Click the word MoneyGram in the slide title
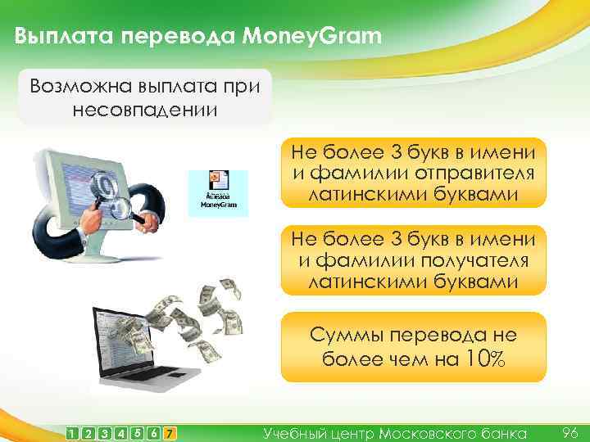point(313,37)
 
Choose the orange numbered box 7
point(169,431)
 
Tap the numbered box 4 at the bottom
point(121,431)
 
